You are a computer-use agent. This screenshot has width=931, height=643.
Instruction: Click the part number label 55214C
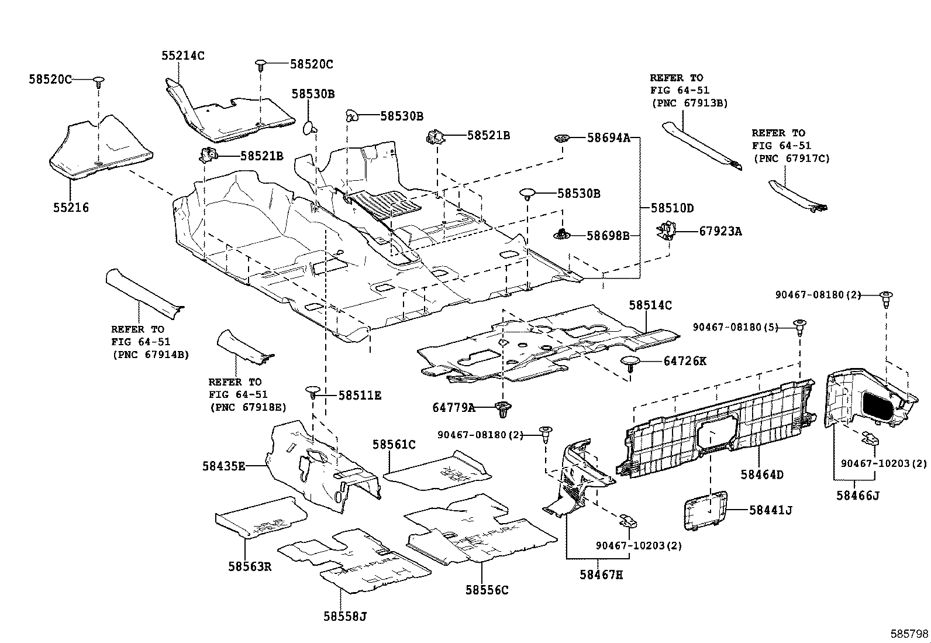pos(183,56)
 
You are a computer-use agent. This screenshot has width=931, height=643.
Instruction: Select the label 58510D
pos(672,208)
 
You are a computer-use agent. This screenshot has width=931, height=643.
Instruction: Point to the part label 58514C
pos(650,305)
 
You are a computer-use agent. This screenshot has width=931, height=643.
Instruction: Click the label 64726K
pos(685,361)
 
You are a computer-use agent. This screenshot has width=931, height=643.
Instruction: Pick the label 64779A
pos(454,407)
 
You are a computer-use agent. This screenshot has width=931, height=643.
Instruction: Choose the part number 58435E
pos(224,466)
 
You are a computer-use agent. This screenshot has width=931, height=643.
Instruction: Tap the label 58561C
pos(394,445)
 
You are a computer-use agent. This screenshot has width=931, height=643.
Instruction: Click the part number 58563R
pos(250,566)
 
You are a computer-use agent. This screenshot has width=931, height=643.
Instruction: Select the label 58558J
pos(344,616)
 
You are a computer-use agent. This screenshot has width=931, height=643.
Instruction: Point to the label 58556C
pos(487,590)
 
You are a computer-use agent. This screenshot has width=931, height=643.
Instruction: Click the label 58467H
pos(601,575)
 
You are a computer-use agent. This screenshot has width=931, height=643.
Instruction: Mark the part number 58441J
pos(771,510)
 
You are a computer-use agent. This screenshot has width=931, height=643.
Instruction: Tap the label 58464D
pos(762,474)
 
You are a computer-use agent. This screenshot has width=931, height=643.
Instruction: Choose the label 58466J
pos(857,496)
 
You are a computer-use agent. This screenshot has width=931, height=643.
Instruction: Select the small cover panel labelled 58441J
pos(706,510)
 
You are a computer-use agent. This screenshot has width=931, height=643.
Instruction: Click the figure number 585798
pos(909,634)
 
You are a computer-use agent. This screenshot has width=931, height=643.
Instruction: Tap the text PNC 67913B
pos(689,103)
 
